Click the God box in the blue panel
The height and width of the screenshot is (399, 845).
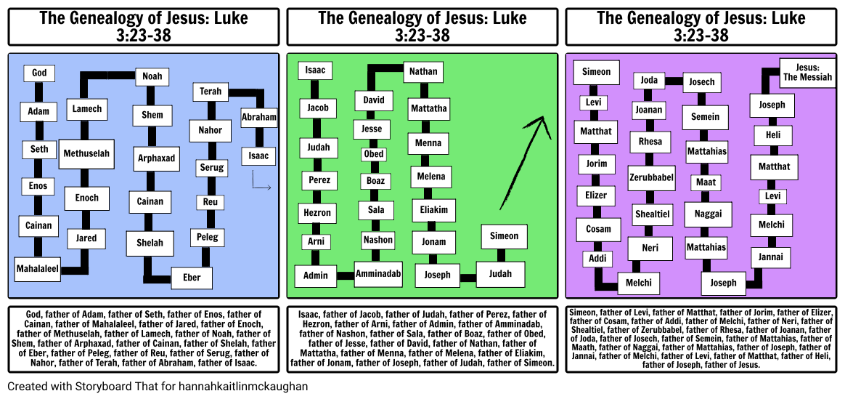coord(39,73)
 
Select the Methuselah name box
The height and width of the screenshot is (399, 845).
coord(86,153)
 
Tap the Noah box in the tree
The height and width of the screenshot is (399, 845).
coord(152,76)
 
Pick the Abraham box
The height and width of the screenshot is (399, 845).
coord(259,117)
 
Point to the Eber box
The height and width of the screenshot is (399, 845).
coord(192,278)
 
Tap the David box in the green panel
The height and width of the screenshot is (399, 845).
coord(374,100)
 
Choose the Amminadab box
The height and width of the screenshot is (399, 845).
coord(378,274)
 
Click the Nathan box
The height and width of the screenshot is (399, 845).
coord(423,72)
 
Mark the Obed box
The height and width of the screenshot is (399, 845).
coord(374,154)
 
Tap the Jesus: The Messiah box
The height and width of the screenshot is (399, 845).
coord(807,73)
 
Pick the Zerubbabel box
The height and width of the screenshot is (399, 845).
coord(651,177)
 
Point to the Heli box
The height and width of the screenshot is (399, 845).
coord(772,135)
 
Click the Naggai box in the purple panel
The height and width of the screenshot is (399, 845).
coord(708,214)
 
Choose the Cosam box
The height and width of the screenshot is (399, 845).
coord(599,229)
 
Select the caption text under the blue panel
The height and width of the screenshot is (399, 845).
coord(143,338)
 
